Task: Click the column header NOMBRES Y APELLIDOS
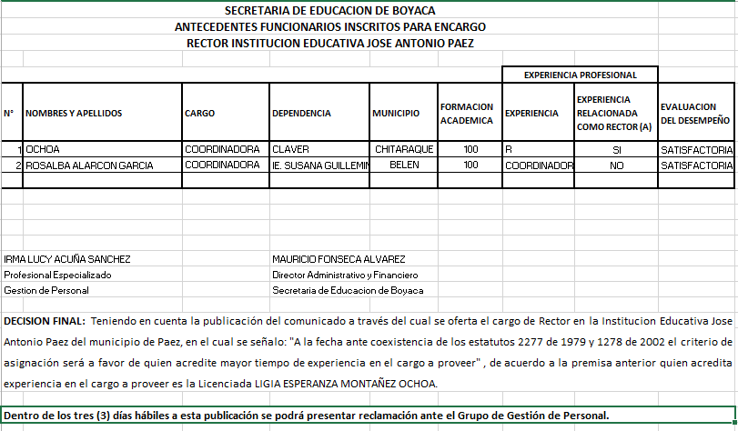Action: click(74, 114)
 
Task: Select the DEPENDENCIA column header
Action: click(301, 114)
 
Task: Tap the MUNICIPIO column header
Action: click(396, 114)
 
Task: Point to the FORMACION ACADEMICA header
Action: click(466, 114)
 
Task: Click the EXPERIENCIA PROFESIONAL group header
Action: click(580, 75)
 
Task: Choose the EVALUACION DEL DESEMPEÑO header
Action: click(695, 114)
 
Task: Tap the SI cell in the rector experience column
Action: click(616, 148)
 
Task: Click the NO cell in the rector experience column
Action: click(616, 165)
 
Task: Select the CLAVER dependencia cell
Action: click(292, 148)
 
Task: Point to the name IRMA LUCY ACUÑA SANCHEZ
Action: click(67, 259)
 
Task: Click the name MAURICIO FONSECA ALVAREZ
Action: click(339, 259)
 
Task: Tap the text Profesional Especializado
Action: click(57, 275)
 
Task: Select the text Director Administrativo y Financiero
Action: click(344, 275)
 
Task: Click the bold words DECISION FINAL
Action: click(45, 321)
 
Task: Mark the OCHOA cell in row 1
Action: click(43, 148)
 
